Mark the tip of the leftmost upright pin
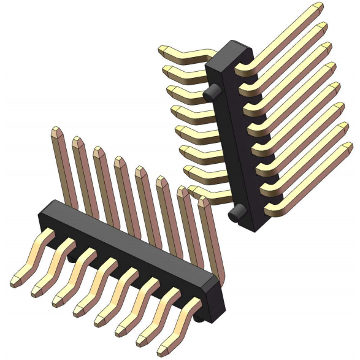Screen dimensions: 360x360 [56, 131]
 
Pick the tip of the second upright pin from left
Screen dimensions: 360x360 [77, 142]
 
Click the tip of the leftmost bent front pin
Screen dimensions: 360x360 [15, 282]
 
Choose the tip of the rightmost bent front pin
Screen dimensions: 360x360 [163, 351]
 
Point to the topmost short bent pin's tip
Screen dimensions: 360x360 [164, 51]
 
